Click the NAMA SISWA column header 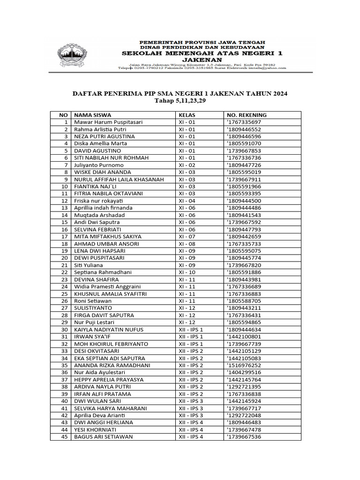tap(92, 115)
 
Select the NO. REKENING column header tap(247, 115)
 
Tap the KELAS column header tap(187, 115)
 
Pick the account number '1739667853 tap(244, 150)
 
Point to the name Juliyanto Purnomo tap(99, 165)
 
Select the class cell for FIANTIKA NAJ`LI tap(187, 186)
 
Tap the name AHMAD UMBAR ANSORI tap(106, 244)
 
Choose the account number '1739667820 tap(244, 265)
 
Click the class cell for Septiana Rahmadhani tap(187, 272)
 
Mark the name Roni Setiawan tap(93, 301)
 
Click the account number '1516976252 tap(244, 365)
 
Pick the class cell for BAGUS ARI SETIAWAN tap(191, 437)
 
